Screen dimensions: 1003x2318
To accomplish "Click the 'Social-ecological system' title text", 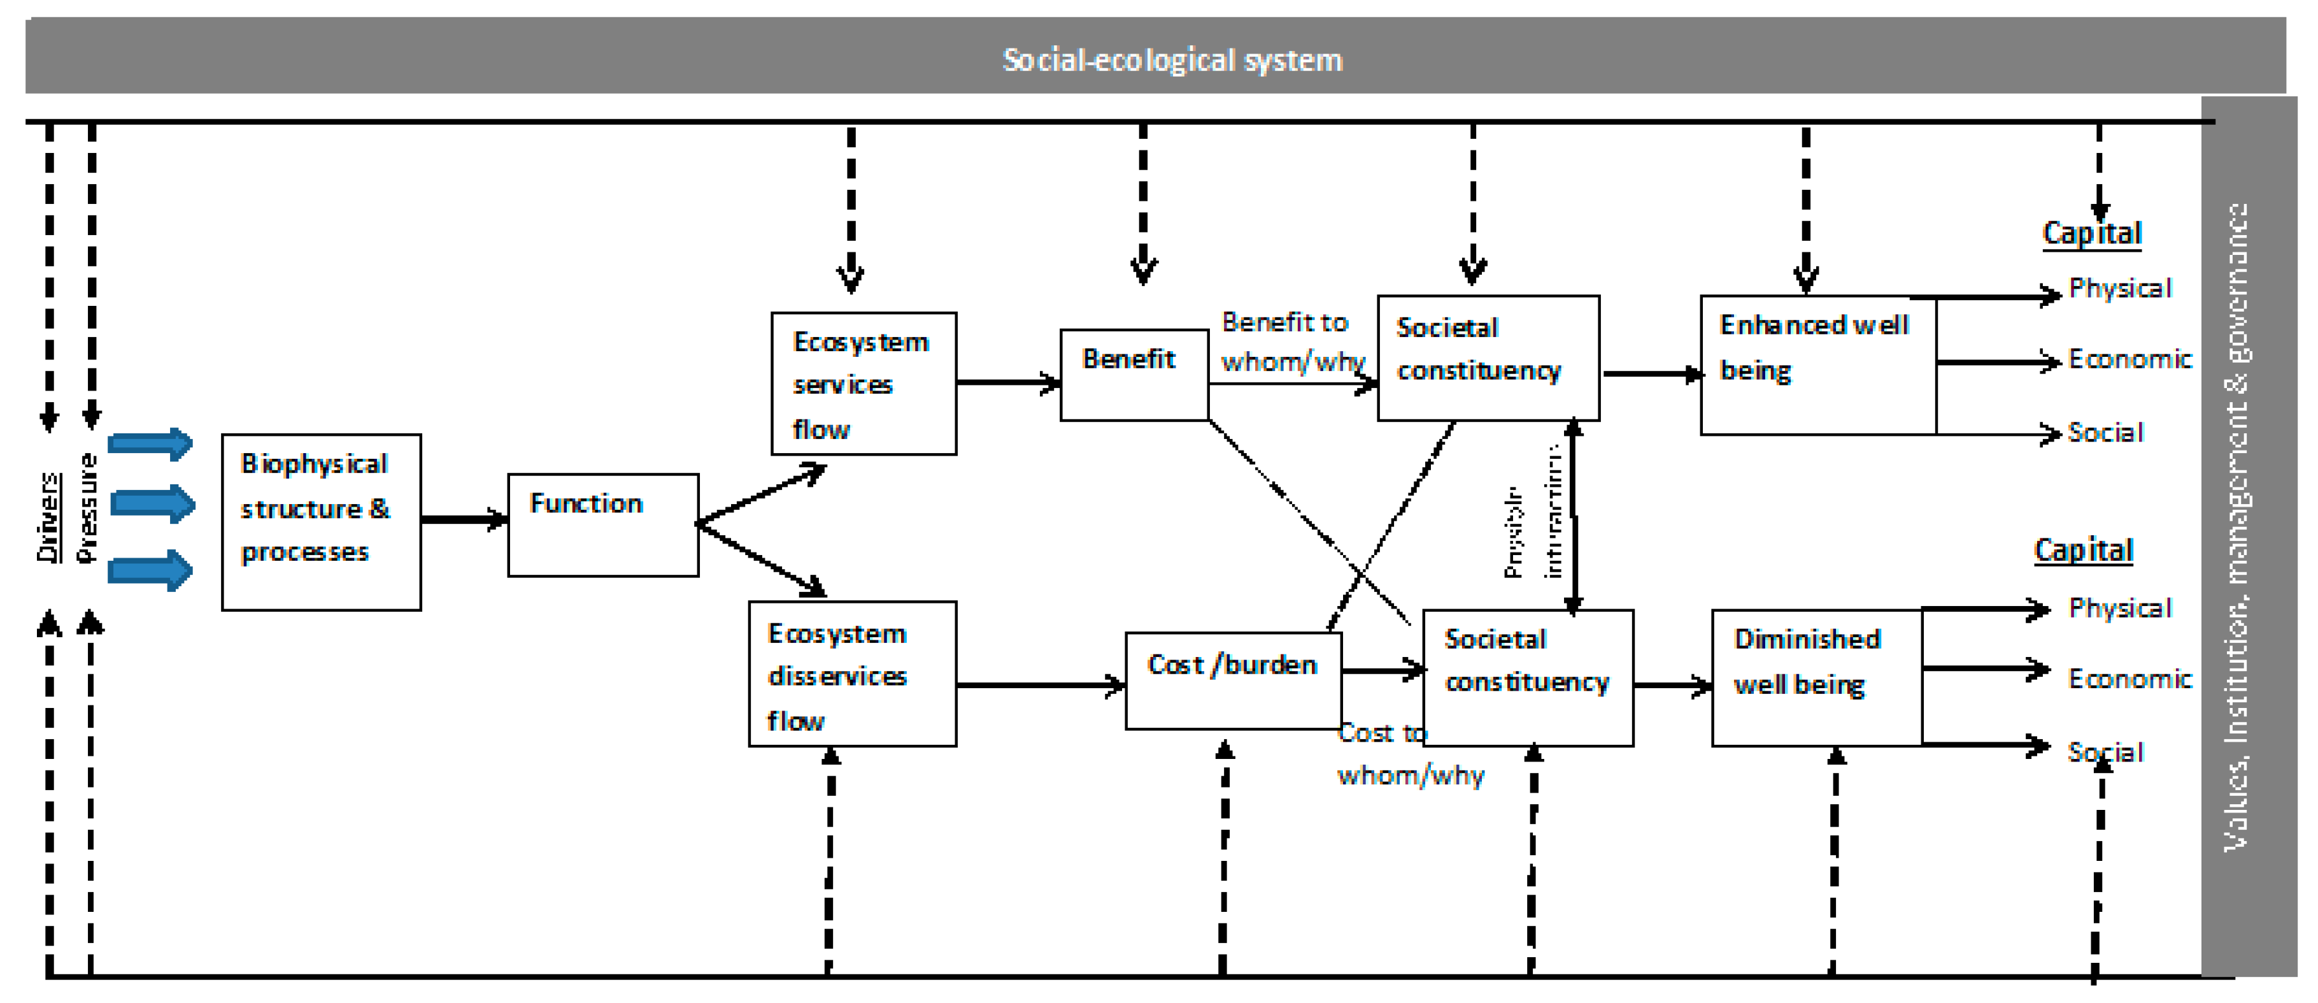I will (1172, 61).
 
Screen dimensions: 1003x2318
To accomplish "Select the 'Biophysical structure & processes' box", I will (321, 522).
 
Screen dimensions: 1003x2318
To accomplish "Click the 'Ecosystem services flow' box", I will (863, 384).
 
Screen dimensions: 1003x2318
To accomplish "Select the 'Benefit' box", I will (1133, 373).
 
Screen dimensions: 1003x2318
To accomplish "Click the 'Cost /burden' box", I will (1233, 680).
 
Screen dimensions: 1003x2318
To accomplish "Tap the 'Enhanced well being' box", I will (1817, 364).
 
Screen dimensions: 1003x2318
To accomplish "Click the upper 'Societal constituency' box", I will (1488, 357).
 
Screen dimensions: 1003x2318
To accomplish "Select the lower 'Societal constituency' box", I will (1527, 677).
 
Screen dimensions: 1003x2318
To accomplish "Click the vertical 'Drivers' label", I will (48, 517).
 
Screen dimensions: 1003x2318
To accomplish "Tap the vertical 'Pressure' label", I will (87, 508).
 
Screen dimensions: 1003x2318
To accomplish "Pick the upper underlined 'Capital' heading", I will (2091, 233).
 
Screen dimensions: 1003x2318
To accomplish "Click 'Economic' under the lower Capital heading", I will (2129, 678).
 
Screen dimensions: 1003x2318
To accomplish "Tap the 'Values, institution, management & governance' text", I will (2236, 527).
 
